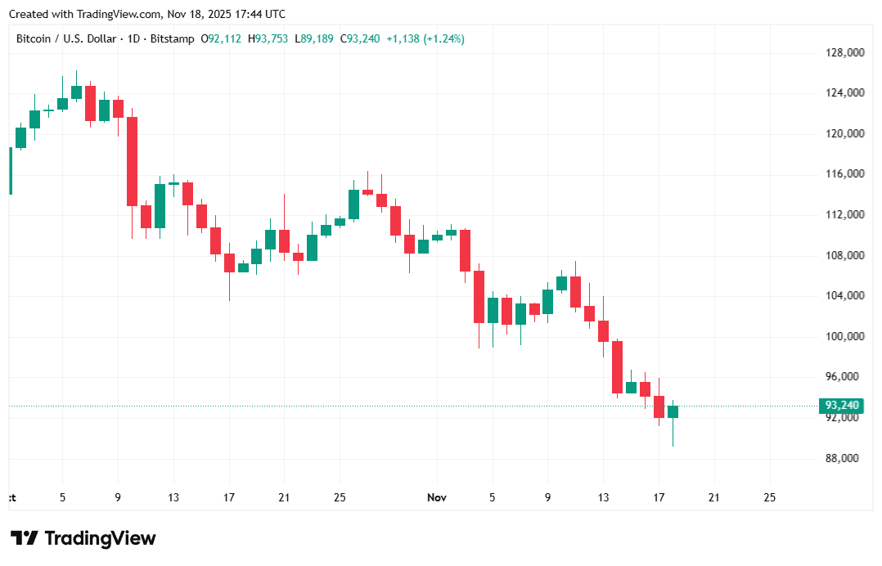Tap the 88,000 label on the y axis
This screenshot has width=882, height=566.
[845, 458]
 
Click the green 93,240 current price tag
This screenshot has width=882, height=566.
[842, 406]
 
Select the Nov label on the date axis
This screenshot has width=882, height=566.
[437, 496]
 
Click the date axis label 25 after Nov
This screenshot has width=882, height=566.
[768, 496]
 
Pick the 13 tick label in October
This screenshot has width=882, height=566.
[173, 496]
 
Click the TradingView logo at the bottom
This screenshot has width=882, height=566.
[83, 538]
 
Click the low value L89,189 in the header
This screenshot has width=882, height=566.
[314, 38]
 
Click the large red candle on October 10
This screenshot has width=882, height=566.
[132, 161]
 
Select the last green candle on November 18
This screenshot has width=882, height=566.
[673, 411]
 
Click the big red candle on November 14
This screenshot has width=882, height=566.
[617, 367]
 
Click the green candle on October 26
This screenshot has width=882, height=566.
[353, 204]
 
